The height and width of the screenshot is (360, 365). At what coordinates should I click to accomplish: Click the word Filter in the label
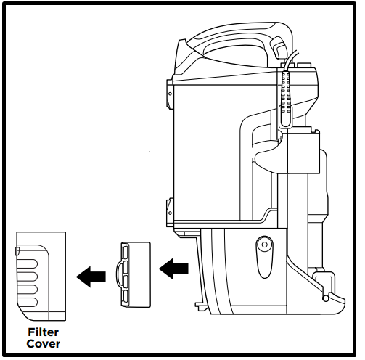point(43,332)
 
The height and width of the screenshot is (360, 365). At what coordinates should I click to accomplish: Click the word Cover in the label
point(44,344)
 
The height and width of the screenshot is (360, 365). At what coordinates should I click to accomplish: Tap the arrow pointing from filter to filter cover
point(91,277)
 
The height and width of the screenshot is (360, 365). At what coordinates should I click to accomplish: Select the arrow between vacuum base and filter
point(173,269)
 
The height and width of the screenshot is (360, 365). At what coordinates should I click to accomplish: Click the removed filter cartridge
point(136,274)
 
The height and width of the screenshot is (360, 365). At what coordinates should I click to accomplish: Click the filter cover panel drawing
point(41,276)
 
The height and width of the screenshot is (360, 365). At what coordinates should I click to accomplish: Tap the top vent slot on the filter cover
point(28,263)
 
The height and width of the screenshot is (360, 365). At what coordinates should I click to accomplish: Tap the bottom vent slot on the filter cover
point(28,302)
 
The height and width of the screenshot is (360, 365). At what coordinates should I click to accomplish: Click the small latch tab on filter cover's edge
point(17,251)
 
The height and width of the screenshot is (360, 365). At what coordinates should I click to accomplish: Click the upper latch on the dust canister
point(170,94)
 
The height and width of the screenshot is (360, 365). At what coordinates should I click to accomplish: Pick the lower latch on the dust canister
point(170,213)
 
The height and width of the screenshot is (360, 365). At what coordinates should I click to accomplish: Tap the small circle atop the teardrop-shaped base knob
point(265,245)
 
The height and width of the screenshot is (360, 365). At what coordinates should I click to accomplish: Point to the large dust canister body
point(225,152)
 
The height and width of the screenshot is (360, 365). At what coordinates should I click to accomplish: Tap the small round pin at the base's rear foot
point(326,298)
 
